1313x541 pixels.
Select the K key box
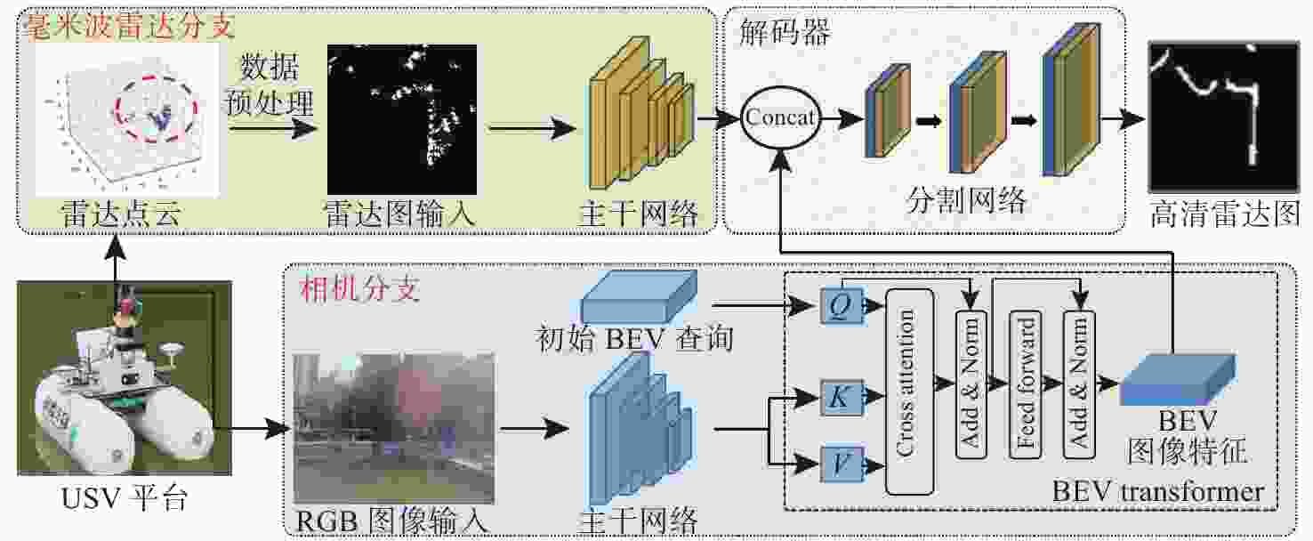839,397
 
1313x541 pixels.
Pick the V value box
839,464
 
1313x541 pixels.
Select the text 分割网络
966,199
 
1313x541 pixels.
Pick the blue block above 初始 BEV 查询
637,296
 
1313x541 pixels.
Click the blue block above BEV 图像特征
1176,378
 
